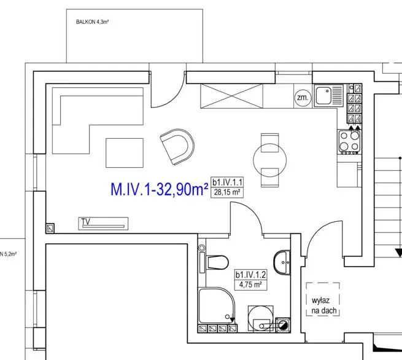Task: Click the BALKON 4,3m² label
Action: click(92, 22)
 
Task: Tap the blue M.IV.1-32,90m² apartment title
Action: click(159, 189)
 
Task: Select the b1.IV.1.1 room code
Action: click(227, 182)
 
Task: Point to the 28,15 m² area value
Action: click(227, 192)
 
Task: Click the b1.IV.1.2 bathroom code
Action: click(251, 275)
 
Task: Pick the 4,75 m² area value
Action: click(250, 284)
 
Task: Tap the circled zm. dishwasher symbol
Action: click(303, 98)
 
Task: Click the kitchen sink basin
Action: click(323, 95)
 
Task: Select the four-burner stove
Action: click(349, 142)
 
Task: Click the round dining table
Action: click(269, 160)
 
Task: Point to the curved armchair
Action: click(177, 147)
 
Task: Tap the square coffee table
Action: click(125, 153)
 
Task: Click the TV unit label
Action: click(86, 221)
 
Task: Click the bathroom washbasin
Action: click(282, 262)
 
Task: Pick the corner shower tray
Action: click(217, 305)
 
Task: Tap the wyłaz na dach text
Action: click(323, 305)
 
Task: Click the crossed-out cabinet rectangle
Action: click(231, 96)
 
